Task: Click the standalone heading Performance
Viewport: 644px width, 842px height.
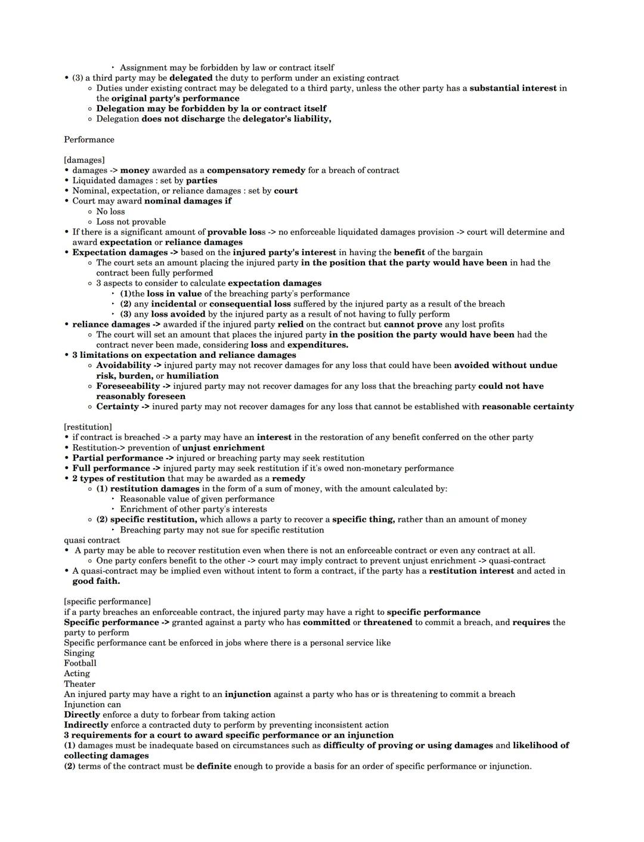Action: coord(89,140)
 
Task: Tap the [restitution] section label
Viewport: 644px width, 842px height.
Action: coord(88,427)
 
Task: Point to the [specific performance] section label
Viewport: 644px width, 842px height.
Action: coord(107,602)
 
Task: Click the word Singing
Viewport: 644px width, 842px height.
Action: coord(79,653)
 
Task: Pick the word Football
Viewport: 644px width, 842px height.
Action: coord(80,663)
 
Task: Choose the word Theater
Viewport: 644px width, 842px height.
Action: coord(79,684)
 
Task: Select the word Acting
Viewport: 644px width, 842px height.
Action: coord(77,673)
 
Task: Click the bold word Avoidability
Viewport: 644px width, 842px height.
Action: coord(123,366)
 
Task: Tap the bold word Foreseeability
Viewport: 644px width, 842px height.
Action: coord(128,386)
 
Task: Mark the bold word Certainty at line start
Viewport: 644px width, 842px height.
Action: coord(117,407)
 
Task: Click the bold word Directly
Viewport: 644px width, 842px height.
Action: coord(82,714)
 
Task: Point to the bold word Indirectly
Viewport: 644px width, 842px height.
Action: coord(86,725)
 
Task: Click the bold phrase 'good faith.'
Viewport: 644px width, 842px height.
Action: coord(96,581)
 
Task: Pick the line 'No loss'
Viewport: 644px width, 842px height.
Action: coord(110,211)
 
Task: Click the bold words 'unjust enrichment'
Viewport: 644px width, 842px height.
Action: coord(223,448)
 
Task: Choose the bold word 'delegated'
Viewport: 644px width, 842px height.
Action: coord(191,78)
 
